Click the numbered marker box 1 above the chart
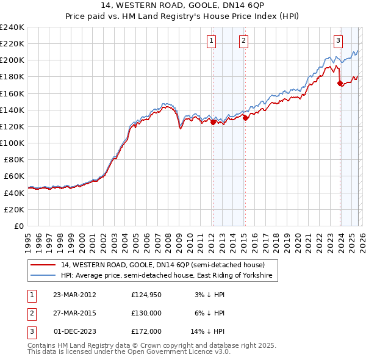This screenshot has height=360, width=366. tap(211, 41)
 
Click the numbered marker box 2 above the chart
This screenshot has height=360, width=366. tap(243, 41)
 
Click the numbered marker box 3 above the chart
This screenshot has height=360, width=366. tap(337, 41)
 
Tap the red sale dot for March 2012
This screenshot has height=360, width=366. tap(213, 122)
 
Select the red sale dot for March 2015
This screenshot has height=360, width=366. tap(245, 118)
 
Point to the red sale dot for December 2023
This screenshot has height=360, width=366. tap(340, 84)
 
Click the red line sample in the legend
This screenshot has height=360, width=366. tap(43, 265)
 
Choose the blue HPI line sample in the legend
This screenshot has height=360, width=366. tap(43, 276)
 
